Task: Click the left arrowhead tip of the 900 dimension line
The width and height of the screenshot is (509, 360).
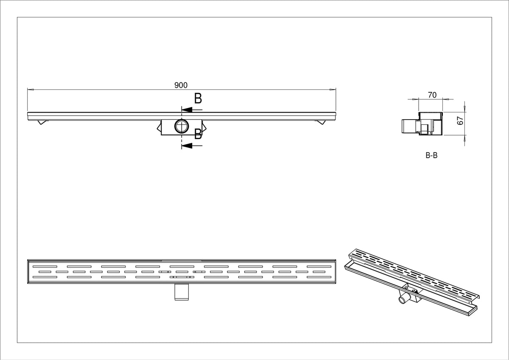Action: pyautogui.click(x=28, y=89)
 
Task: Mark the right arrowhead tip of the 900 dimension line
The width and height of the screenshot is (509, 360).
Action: pyautogui.click(x=336, y=89)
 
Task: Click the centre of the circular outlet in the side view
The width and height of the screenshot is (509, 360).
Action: pyautogui.click(x=182, y=126)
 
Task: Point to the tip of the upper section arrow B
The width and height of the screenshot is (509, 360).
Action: pyautogui.click(x=182, y=110)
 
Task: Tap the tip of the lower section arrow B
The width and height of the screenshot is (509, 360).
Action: pyautogui.click(x=182, y=145)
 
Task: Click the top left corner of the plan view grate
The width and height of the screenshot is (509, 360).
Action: pyautogui.click(x=28, y=260)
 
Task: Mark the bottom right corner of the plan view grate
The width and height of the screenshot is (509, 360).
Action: pyautogui.click(x=336, y=283)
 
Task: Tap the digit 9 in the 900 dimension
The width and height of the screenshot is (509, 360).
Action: pyautogui.click(x=176, y=85)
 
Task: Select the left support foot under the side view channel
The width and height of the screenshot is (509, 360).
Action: pyautogui.click(x=42, y=122)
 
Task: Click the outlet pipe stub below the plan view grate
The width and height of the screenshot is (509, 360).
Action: pyautogui.click(x=182, y=292)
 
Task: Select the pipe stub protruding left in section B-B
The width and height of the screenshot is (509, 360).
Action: pyautogui.click(x=408, y=126)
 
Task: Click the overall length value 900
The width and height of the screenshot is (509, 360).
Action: pyautogui.click(x=181, y=85)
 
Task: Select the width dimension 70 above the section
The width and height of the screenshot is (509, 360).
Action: pyautogui.click(x=432, y=95)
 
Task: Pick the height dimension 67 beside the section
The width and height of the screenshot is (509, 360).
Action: pyautogui.click(x=460, y=120)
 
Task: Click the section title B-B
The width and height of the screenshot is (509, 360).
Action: pyautogui.click(x=431, y=155)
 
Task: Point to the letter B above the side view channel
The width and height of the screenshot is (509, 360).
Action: pyautogui.click(x=198, y=98)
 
